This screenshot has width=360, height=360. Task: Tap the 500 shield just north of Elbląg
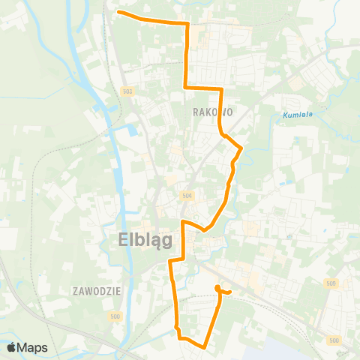[187, 195]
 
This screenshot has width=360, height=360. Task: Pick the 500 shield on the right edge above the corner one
[331, 283]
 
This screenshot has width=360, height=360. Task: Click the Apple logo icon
[11, 347]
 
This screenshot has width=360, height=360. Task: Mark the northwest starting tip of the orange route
[119, 12]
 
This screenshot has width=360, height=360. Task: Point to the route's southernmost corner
[205, 346]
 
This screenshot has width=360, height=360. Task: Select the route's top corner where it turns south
[187, 24]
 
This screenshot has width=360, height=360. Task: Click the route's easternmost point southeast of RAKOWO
[241, 149]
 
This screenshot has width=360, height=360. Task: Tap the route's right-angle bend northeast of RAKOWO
[222, 89]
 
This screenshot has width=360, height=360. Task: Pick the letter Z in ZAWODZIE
[76, 289]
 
